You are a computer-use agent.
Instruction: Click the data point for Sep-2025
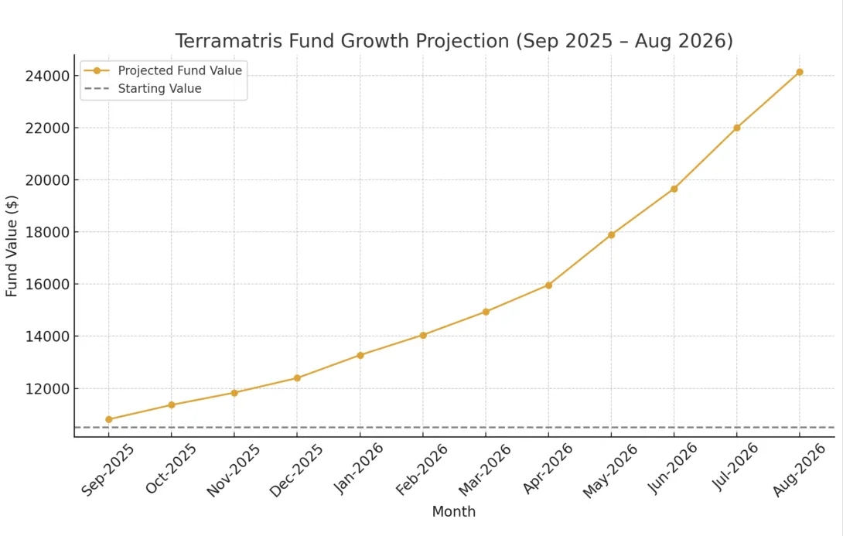pyautogui.click(x=109, y=419)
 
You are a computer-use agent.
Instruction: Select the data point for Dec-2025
pyautogui.click(x=297, y=378)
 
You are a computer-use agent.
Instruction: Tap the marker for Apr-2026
pyautogui.click(x=548, y=285)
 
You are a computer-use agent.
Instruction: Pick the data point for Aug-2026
pyautogui.click(x=800, y=72)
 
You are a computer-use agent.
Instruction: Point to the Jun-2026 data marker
pyautogui.click(x=674, y=189)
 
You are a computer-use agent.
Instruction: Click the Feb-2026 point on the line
pyautogui.click(x=423, y=335)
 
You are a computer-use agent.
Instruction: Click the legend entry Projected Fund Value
pyautogui.click(x=179, y=70)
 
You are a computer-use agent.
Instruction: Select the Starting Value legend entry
pyautogui.click(x=159, y=89)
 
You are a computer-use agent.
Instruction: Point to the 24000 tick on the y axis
pyautogui.click(x=47, y=76)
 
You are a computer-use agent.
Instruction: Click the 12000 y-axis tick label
pyautogui.click(x=47, y=388)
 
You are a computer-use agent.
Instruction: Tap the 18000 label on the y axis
pyautogui.click(x=47, y=232)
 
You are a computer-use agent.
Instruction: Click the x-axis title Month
pyautogui.click(x=454, y=512)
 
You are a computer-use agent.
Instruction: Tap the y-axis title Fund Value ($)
pyautogui.click(x=12, y=246)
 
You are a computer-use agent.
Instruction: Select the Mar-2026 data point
pyautogui.click(x=486, y=312)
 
